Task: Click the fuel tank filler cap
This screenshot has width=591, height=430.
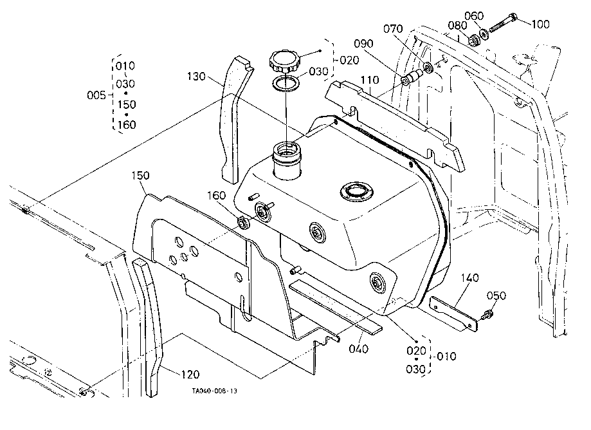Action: click(284, 62)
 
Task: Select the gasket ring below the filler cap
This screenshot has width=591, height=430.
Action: click(286, 84)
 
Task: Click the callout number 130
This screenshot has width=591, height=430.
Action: click(196, 77)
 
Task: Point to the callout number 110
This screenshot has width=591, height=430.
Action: click(370, 80)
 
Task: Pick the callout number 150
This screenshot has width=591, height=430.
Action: click(141, 175)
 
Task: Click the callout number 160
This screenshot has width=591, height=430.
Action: click(216, 196)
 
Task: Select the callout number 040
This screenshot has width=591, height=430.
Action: click(358, 349)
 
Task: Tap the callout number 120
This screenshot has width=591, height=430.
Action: click(190, 375)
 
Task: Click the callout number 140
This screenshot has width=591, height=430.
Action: click(469, 278)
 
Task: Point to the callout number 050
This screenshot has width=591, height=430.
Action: click(496, 295)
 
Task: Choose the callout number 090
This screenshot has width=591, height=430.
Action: click(363, 44)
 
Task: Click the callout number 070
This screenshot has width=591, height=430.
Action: click(393, 29)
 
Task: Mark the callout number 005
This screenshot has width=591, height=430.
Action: click(96, 95)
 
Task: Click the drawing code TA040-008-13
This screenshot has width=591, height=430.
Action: click(214, 391)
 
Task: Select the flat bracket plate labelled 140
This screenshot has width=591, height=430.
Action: click(454, 314)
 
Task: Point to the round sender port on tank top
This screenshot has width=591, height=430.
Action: click(357, 192)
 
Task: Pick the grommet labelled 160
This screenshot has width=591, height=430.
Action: click(243, 222)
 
